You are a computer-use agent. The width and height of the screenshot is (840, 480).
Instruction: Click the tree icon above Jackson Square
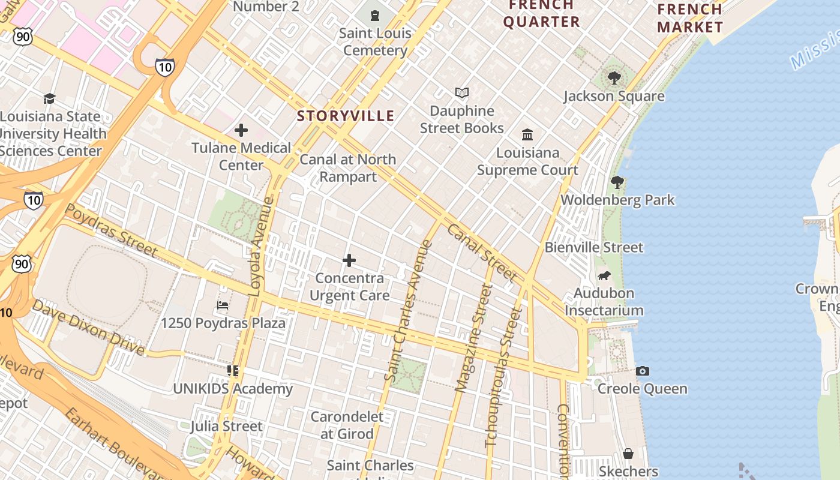tap(614, 77)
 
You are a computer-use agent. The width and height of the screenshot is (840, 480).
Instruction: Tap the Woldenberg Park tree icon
tap(617, 182)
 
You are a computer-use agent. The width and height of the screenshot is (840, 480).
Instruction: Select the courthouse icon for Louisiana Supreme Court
tap(527, 134)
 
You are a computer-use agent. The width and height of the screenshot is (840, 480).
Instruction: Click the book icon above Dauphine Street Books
tap(461, 93)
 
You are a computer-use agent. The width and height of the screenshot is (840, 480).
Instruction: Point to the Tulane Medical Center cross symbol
tap(241, 130)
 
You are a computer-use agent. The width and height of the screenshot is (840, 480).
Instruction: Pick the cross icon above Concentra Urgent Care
tap(349, 260)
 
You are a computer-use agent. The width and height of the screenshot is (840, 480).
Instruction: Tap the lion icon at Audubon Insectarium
tap(604, 276)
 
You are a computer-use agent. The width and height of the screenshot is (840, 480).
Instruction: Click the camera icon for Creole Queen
tap(642, 371)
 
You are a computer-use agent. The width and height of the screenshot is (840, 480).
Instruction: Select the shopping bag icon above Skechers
tap(628, 454)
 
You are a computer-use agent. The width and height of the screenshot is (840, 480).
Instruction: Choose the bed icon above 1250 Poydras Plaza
tap(223, 305)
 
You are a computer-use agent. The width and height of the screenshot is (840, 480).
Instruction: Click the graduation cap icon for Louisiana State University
tap(49, 98)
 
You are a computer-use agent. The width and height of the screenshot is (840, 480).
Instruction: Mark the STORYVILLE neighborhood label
tap(346, 116)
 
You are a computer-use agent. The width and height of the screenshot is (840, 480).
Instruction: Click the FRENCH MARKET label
tap(690, 18)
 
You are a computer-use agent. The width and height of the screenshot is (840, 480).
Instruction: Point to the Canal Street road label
tap(481, 253)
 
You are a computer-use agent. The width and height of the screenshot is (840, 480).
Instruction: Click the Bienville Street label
tap(593, 247)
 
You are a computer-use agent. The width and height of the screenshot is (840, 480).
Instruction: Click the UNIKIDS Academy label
tap(233, 389)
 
